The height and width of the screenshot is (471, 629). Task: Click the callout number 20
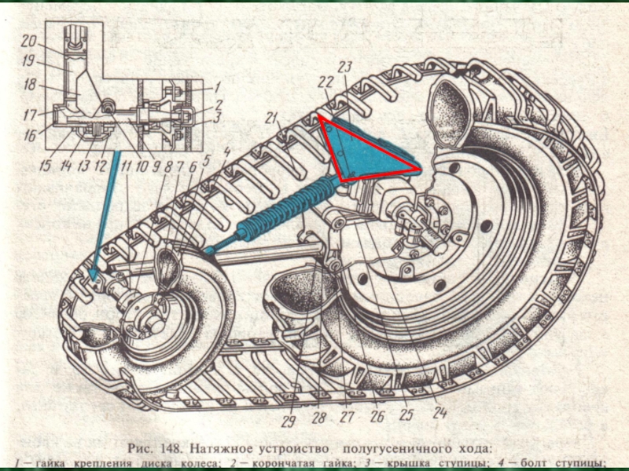click(x=28, y=41)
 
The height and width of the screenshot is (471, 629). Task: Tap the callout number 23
click(x=344, y=67)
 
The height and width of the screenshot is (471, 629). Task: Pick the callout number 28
click(x=318, y=418)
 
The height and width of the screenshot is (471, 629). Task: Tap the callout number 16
click(x=29, y=135)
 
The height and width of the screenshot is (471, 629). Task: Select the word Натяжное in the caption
click(x=263, y=449)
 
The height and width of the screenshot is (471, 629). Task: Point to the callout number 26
click(x=377, y=416)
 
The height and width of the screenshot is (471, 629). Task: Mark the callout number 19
click(x=28, y=62)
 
